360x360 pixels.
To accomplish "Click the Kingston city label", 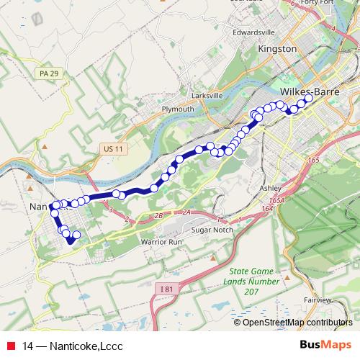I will [x=277, y=49].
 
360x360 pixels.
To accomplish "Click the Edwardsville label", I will [x=254, y=32].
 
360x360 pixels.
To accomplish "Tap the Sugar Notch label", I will [x=209, y=229].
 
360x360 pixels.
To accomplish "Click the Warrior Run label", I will [x=161, y=242].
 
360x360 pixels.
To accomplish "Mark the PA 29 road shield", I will [x=47, y=73].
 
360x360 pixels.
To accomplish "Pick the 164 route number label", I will [x=268, y=208].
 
